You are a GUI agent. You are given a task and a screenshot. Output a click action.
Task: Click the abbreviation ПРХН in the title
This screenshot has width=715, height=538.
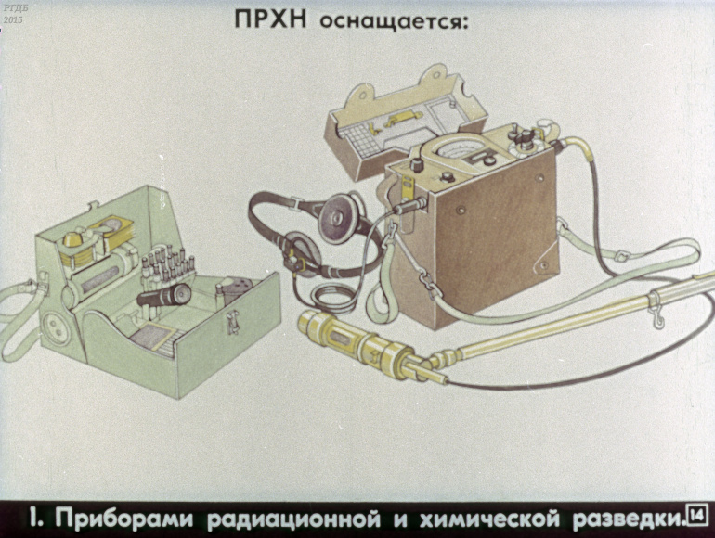[270, 19]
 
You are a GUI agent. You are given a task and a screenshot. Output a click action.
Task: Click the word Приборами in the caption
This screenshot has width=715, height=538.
[124, 519]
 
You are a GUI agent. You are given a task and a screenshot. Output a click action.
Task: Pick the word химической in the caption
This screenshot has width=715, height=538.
[489, 518]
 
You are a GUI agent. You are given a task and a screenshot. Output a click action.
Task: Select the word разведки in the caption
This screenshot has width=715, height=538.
[628, 519]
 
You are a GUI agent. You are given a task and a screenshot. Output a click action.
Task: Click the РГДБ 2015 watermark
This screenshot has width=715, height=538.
[13, 14]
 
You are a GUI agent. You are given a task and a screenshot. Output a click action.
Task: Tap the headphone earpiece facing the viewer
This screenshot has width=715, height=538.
[336, 216]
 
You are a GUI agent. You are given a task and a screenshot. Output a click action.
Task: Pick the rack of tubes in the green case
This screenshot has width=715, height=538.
[167, 265]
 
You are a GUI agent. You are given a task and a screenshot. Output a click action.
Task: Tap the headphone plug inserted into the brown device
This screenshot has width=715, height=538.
[409, 206]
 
